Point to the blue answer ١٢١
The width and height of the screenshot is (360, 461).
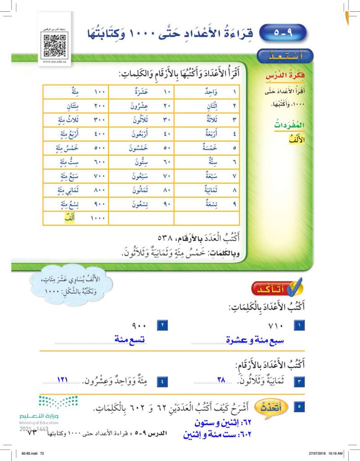tap(63, 380)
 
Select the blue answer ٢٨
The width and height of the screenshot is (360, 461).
tap(221, 380)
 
